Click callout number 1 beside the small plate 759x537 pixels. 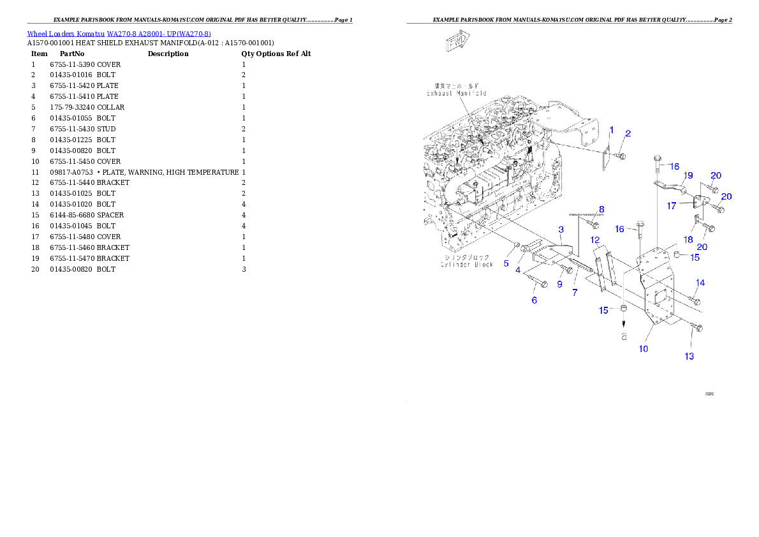click(611, 130)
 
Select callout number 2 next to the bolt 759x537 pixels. click(628, 133)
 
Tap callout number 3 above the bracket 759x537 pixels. click(561, 229)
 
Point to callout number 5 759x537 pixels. click(506, 263)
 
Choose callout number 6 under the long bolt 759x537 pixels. click(534, 300)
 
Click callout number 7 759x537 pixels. click(575, 292)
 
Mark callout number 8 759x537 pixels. click(601, 209)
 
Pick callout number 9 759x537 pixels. click(559, 284)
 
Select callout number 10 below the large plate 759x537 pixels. click(644, 349)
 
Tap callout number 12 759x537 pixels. click(595, 240)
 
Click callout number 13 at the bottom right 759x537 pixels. click(689, 356)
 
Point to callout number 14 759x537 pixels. click(700, 283)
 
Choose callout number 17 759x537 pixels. click(672, 205)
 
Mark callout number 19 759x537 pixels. click(688, 175)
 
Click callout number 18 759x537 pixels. click(688, 239)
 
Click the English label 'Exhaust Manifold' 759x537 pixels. click(456, 93)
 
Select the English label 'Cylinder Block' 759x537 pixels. click(467, 264)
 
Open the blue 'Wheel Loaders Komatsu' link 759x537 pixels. click(119, 34)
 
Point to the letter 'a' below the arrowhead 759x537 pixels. click(624, 335)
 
